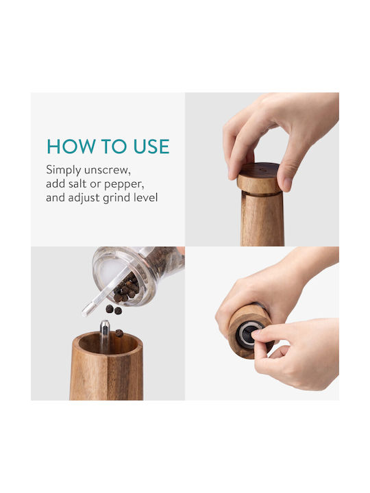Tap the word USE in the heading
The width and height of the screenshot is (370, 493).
[151, 147]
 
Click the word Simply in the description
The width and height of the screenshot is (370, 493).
[64, 170]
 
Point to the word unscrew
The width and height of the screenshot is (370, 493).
[108, 170]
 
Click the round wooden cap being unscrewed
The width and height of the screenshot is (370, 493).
[258, 179]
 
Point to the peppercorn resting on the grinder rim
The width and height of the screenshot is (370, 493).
[119, 333]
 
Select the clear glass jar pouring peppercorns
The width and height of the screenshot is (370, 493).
[138, 275]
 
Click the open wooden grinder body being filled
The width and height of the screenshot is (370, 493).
[106, 366]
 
